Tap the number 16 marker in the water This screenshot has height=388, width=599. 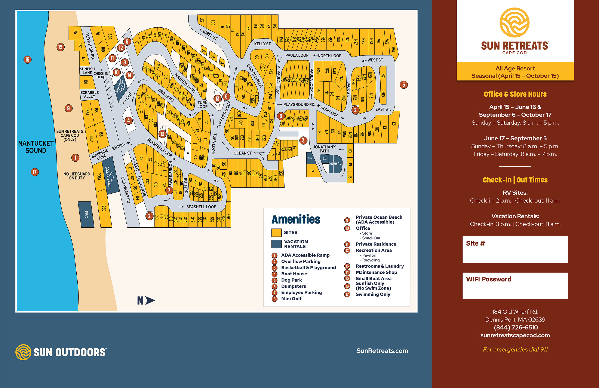pos(27,60)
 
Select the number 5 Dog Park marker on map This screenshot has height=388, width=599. pos(403,85)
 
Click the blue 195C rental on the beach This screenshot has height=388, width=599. pos(86,214)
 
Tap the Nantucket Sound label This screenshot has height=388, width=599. pos(36,147)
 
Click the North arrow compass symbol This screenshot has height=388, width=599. pos(146,300)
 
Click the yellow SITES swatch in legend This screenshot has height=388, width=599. pos(276,233)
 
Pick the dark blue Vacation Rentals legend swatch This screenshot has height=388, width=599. pos(276,244)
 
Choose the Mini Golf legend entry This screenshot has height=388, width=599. pos(291,298)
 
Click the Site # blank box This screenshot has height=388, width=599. pos(515,249)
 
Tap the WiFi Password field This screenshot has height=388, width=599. pos(515,286)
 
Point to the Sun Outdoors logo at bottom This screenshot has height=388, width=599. pos(61,352)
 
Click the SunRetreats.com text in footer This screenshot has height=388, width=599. pos(382,351)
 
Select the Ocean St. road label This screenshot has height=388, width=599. pos(243,153)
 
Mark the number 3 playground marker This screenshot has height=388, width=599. pos(303,140)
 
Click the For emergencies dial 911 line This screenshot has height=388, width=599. pos(515,349)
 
